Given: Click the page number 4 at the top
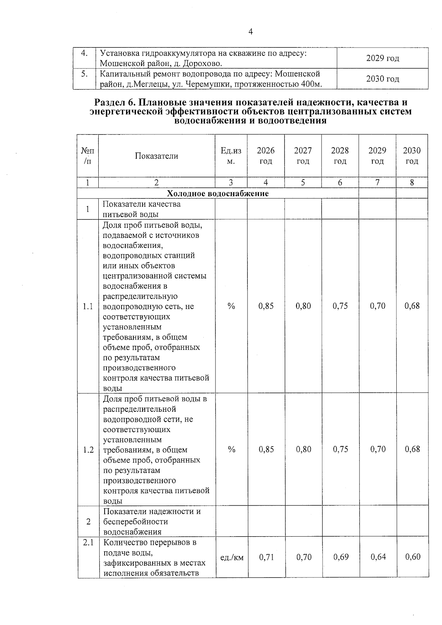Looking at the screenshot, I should [250, 32].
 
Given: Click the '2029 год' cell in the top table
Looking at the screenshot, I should [383, 58].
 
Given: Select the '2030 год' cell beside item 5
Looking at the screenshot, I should [383, 79].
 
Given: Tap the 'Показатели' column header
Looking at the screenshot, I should [157, 156].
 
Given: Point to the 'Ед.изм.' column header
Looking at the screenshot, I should [231, 156].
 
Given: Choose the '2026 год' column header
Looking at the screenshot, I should [266, 156].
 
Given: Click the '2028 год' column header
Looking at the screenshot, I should [340, 156].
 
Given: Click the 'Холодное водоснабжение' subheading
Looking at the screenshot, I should [218, 193].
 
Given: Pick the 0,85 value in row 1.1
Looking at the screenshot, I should [266, 306].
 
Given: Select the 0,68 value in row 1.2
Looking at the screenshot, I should [412, 449].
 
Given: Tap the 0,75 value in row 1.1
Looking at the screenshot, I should [340, 306].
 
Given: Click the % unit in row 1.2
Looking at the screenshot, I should [231, 449].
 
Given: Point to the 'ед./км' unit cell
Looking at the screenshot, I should [232, 558].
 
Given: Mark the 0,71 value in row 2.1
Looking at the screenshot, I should [266, 557].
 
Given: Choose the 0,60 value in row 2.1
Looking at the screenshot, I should [413, 557].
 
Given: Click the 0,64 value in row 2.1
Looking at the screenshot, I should [378, 557].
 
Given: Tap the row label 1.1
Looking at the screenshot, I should [88, 306].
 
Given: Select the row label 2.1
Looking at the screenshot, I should [88, 542].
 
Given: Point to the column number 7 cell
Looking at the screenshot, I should [378, 182].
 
